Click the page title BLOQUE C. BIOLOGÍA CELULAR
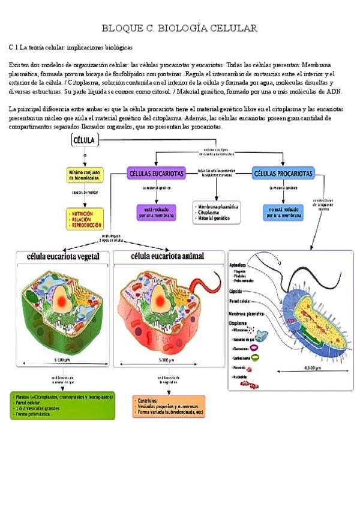point(180,28)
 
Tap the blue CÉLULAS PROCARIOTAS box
point(283,173)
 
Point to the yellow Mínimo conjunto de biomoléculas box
point(85,175)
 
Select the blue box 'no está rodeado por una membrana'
point(283,212)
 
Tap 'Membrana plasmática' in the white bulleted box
point(219,206)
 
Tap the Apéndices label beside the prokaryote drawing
point(240,265)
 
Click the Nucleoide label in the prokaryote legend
point(242,376)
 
